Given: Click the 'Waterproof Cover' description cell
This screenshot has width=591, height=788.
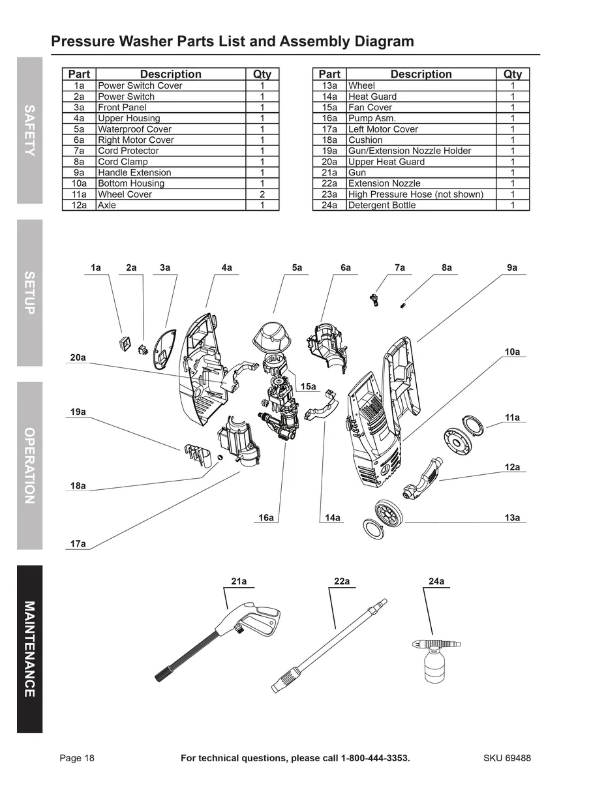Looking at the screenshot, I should tap(134, 129).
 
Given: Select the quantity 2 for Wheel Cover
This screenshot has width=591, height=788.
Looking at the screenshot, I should tap(262, 194).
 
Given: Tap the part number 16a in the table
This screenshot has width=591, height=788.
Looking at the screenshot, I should tap(329, 118).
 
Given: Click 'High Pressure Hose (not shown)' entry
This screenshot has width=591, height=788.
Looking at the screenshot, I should tap(416, 194).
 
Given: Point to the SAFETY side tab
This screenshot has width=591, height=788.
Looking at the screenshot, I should tap(30, 130).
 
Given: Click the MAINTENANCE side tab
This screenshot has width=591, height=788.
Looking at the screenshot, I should tap(30, 649).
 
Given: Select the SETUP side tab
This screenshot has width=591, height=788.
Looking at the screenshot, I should tap(30, 293).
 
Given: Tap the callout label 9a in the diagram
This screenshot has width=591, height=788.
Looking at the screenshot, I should tap(512, 268).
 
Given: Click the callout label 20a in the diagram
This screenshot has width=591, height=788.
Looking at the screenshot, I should tap(78, 357).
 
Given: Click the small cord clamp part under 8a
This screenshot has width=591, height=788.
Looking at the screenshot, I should tap(404, 303).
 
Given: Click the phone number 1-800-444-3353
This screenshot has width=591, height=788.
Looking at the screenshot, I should tap(375, 758).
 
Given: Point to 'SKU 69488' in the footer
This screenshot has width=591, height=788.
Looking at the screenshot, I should tap(507, 758).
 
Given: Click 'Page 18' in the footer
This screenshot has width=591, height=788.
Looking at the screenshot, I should tap(77, 758).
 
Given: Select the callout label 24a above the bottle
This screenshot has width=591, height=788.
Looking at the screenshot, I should tap(436, 581).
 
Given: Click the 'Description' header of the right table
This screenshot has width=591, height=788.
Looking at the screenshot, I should tap(421, 74).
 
